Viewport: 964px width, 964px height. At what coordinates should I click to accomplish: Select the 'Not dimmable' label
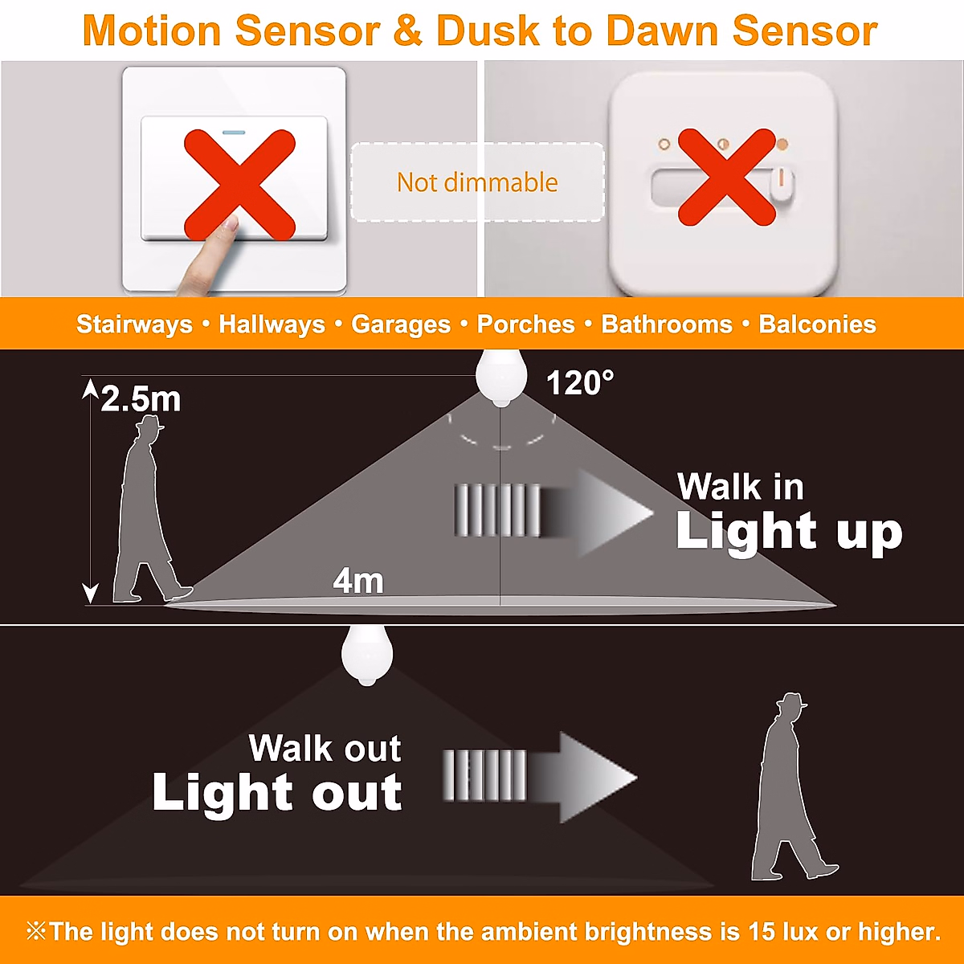[x=477, y=182]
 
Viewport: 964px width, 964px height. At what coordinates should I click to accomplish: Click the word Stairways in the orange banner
[x=134, y=325]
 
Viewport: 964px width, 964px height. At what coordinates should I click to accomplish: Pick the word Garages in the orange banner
[x=401, y=325]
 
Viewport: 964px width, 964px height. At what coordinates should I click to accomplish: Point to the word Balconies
[x=817, y=325]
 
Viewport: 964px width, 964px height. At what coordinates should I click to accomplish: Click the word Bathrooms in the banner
[x=667, y=325]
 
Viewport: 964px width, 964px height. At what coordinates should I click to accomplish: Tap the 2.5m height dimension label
[x=141, y=399]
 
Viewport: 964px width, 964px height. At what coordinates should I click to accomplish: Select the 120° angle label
[x=580, y=383]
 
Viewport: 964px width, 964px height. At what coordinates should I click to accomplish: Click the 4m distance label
[x=358, y=581]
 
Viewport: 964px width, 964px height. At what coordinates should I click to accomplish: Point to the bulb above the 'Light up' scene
[x=501, y=376]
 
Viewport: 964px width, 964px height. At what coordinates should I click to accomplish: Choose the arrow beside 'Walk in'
[x=554, y=513]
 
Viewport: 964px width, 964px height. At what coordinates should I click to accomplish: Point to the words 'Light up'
[x=789, y=532]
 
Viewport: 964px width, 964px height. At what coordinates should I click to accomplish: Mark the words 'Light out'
[x=277, y=793]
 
